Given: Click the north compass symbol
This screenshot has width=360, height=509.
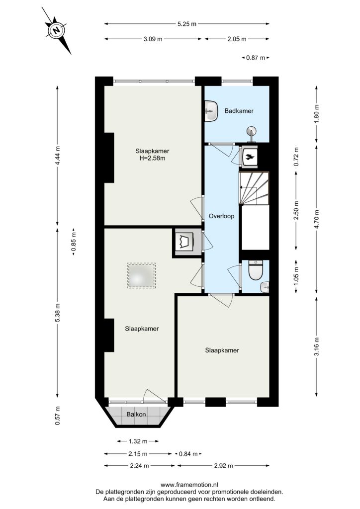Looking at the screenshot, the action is click(57, 30).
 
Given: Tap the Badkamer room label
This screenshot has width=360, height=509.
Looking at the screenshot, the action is click(239, 111).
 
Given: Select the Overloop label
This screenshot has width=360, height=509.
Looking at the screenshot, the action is click(221, 216).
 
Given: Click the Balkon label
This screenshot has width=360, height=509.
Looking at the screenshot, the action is click(136, 415).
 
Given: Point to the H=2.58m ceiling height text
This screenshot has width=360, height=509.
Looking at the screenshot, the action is click(152, 159).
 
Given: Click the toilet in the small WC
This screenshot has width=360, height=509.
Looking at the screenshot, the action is click(256, 271).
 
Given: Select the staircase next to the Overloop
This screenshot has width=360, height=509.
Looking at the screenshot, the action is click(254, 188).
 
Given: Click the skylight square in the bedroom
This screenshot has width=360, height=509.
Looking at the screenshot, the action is click(141, 275).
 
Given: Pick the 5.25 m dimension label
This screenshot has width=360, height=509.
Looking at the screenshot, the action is click(186, 24).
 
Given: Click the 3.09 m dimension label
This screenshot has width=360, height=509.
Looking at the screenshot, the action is click(153, 39).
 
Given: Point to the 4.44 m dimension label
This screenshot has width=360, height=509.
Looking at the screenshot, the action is click(58, 156).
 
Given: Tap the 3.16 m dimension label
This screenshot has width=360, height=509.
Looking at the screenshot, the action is click(317, 346).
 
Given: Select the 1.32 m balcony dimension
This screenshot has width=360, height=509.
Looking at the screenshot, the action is click(138, 441).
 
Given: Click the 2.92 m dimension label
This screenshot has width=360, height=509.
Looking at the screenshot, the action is click(223, 466).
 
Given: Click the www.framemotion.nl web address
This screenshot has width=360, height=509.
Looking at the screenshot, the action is click(189, 485).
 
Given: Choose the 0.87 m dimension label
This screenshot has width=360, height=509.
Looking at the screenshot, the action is click(256, 58).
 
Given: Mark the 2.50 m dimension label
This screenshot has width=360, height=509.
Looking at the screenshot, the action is click(296, 210).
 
